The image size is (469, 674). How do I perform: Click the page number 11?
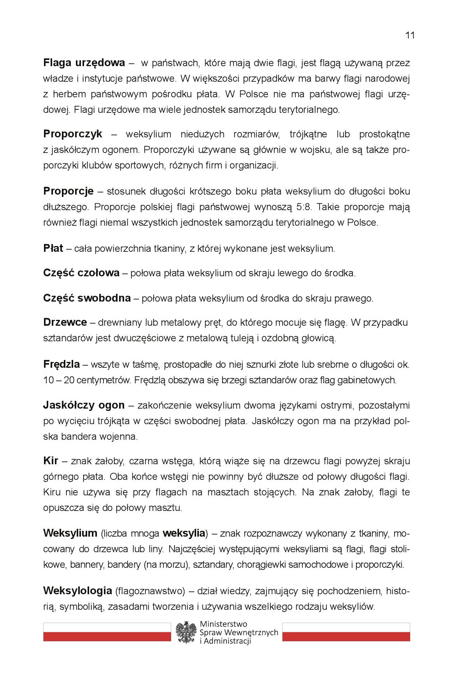point(410,35)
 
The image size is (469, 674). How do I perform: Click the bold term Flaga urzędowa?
point(84,63)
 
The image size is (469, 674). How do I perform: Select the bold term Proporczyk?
point(73,134)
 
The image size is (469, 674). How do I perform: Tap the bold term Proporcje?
point(69,191)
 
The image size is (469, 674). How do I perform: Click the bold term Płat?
point(53,248)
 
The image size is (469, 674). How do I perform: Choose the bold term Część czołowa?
point(81,273)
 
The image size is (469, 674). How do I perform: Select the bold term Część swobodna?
point(87,298)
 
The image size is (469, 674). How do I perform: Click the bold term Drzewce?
point(65,322)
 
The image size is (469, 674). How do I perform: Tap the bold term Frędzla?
point(61,365)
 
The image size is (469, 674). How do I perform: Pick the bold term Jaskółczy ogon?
point(84,405)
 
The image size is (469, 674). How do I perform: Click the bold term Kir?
point(51,461)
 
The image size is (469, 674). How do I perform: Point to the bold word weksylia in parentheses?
point(184,533)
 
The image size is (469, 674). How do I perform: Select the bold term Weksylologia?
point(77,591)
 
